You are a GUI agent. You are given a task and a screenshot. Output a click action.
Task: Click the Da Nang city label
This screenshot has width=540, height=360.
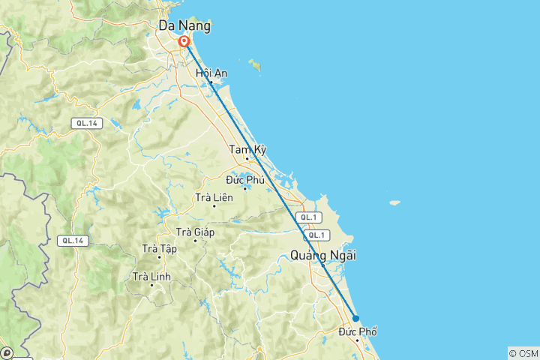coord(184,26)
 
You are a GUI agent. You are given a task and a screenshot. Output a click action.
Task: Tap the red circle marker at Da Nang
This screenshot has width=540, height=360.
coord(184,42)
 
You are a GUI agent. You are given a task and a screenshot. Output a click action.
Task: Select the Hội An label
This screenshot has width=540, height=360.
coord(211,73)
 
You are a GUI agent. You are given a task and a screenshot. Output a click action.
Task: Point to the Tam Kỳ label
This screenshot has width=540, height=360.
coord(247,150)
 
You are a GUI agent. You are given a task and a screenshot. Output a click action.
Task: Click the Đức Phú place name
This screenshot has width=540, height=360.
coord(244,179)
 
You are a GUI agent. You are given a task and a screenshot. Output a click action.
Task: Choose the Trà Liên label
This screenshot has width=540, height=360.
coord(214,197)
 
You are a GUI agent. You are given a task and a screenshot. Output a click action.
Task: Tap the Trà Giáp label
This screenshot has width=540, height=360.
coord(195,232)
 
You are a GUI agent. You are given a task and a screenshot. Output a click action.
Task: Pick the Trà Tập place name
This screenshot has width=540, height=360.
coord(159,248)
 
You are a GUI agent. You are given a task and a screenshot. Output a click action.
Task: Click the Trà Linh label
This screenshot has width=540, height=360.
coord(151,276)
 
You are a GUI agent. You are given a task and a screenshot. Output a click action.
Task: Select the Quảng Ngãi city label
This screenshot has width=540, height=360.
coord(322,256)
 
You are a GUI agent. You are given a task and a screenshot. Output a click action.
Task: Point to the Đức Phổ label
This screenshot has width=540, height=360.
coord(358,331)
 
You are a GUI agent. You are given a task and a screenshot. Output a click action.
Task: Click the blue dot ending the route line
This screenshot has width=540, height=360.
coord(356,318)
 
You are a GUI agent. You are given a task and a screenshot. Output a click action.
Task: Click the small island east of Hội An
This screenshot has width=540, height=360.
coord(256,66)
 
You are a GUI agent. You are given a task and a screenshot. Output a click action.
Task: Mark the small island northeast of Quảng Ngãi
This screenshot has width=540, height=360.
coord(393,202)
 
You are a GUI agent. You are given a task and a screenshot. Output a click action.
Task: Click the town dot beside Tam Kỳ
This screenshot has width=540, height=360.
coord(247,159)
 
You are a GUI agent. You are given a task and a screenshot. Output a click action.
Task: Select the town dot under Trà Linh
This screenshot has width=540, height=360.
coord(151,285)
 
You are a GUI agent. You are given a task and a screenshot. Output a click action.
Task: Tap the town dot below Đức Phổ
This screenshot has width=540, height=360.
coord(358,340)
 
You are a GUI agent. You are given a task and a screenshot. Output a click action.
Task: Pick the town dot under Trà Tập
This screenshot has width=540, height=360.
coord(159,257)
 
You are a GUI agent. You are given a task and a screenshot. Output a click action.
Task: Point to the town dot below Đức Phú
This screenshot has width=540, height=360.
coord(244,188)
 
